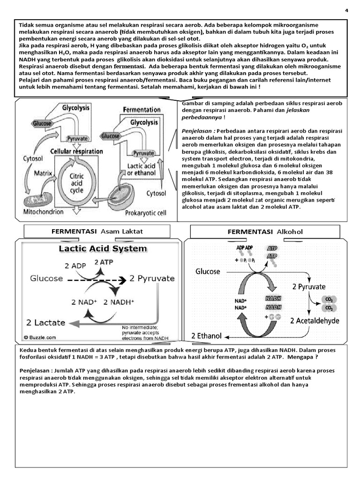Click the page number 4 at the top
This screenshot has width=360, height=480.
point(346,11)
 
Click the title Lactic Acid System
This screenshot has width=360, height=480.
point(103,248)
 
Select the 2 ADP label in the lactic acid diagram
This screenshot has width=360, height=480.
point(74,265)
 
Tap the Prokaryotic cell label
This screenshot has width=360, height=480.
point(145,212)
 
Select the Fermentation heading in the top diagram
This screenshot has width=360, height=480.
point(142,109)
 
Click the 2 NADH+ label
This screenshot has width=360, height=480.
point(119,301)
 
